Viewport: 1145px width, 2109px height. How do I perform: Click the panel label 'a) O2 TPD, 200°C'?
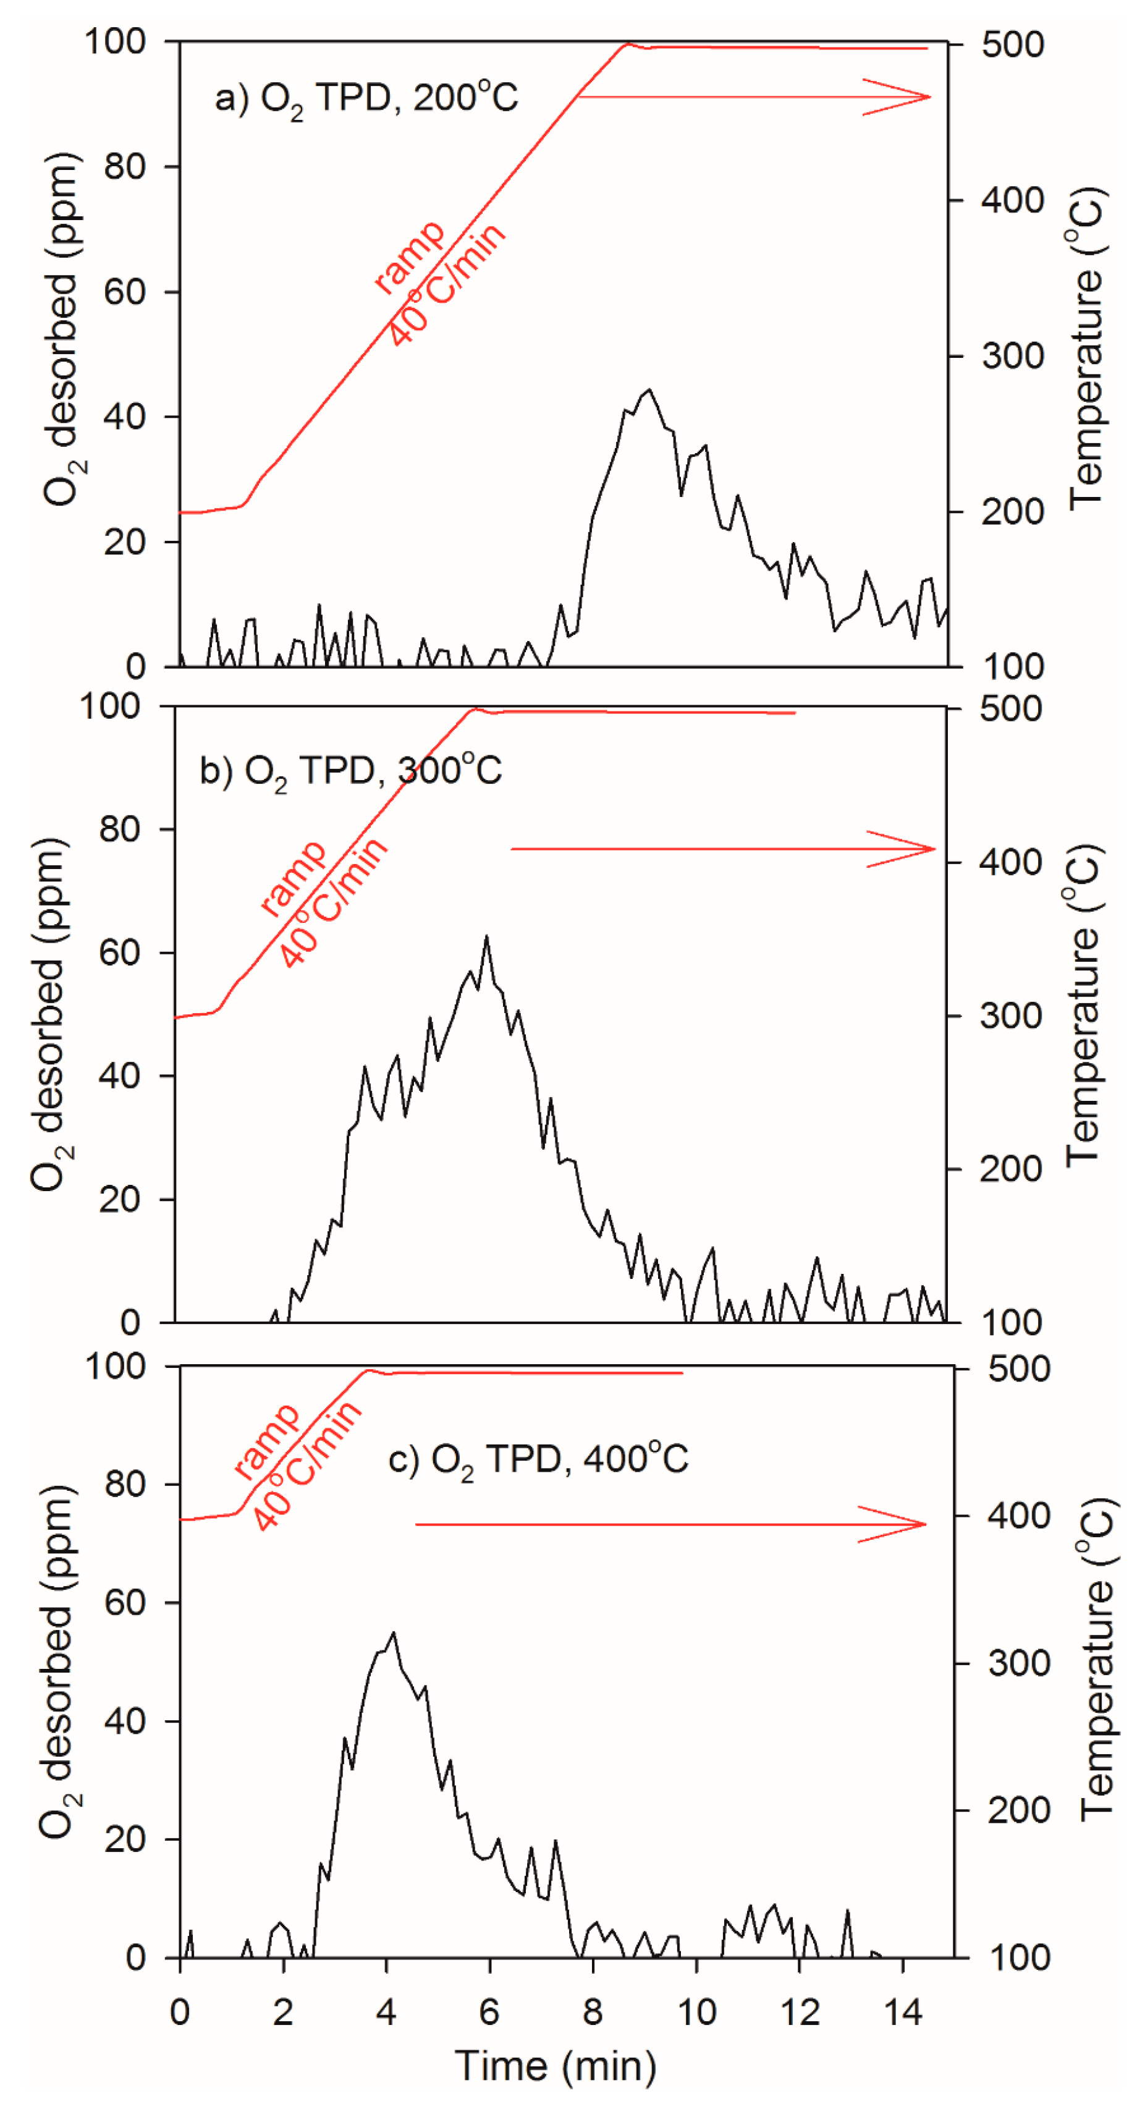(366, 99)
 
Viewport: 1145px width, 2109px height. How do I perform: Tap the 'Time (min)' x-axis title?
(556, 2064)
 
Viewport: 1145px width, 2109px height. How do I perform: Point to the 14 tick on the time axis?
(902, 2013)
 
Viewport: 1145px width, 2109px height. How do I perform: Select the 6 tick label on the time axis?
(489, 2013)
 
